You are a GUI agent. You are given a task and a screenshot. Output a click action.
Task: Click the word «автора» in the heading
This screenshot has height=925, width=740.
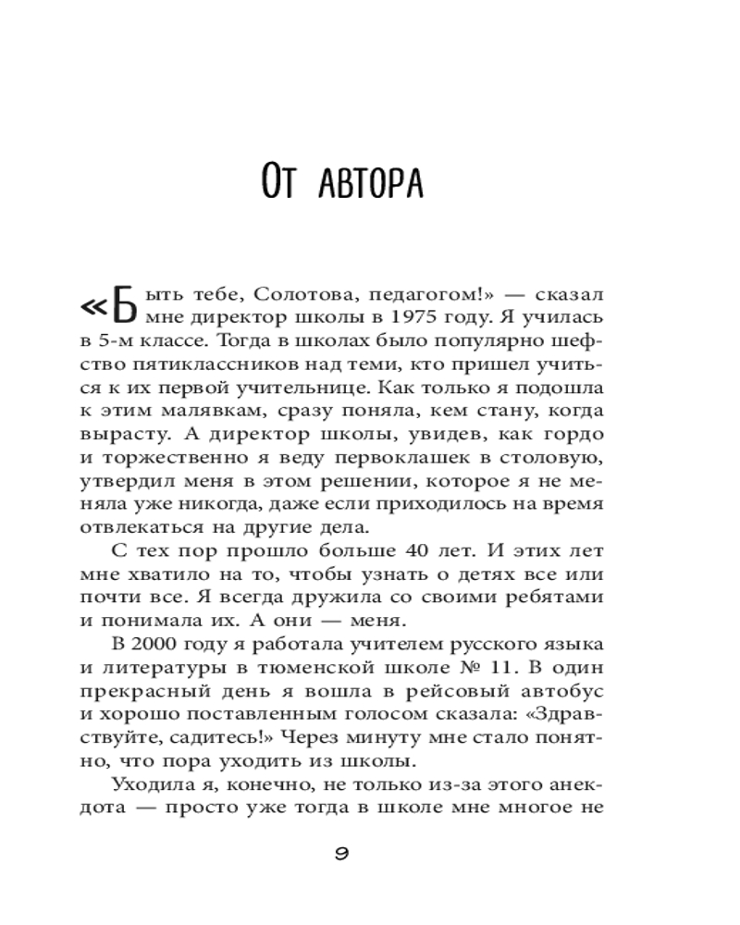coord(370,183)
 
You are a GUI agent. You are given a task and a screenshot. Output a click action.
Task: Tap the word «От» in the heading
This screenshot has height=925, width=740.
coord(280,183)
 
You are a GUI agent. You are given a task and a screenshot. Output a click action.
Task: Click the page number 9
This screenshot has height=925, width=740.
coord(340,853)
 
